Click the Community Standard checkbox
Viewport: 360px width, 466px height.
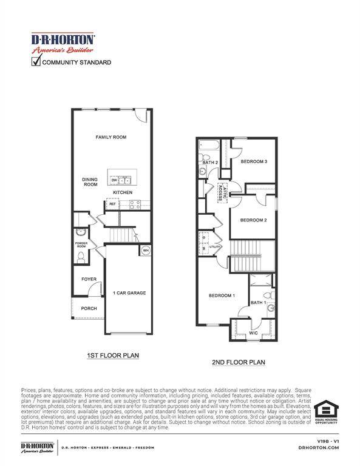(36, 62)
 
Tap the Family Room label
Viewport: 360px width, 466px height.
(110, 138)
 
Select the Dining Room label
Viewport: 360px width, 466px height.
(90, 182)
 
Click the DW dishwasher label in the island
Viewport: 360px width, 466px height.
(114, 180)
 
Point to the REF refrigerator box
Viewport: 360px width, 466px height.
(113, 204)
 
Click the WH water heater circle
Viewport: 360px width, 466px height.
(146, 250)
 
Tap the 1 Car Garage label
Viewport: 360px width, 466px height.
(129, 293)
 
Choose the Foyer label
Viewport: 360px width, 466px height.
(89, 279)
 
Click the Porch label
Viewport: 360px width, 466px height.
(89, 308)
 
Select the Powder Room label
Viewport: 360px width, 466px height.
(81, 245)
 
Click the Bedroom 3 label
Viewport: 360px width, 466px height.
(254, 161)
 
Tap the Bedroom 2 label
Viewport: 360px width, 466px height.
(253, 220)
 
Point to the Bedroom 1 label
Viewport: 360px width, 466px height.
(222, 295)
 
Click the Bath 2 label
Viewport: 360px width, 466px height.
(209, 163)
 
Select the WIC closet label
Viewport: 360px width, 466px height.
(253, 333)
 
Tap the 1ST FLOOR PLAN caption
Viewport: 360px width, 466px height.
(113, 356)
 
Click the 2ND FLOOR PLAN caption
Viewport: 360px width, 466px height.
(238, 362)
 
